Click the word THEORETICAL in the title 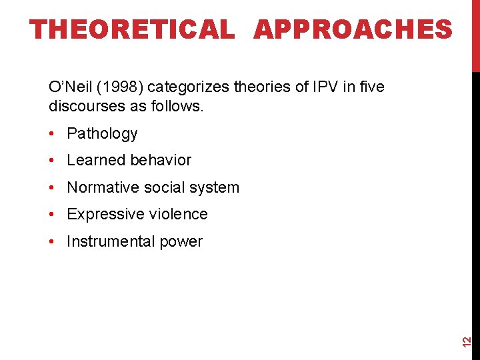coord(133,29)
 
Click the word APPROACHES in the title coord(353,29)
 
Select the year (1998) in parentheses coord(124,87)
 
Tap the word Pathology coord(102,133)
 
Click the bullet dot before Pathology coord(51,134)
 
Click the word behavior coord(161,160)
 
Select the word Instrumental coord(109,241)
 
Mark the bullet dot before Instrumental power coord(51,242)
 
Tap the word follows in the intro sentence coord(180,106)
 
